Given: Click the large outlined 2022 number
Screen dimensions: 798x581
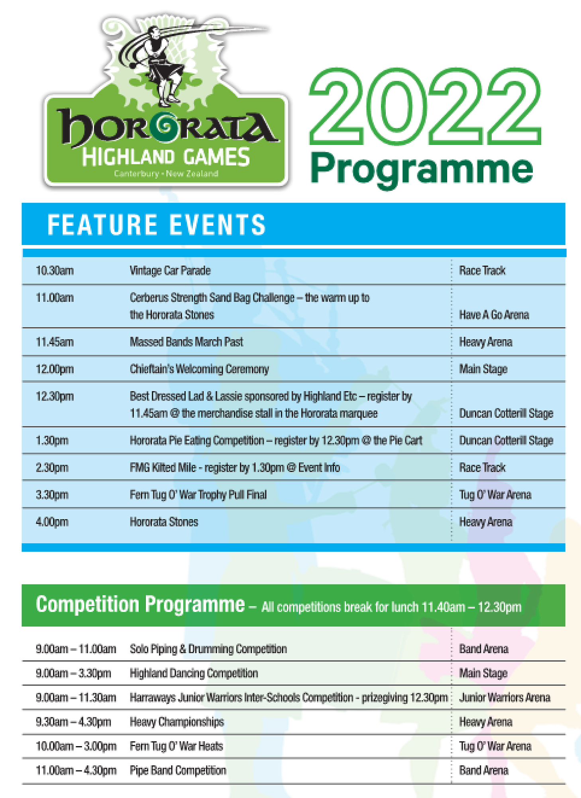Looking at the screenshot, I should pos(425,107).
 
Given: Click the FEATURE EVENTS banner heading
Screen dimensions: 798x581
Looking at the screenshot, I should pos(156,224).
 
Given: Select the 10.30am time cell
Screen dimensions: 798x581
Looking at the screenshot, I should pos(55,271).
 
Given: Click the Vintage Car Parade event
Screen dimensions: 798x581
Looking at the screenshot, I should pos(170,271).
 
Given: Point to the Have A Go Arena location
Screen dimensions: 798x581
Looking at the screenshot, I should pos(494,315).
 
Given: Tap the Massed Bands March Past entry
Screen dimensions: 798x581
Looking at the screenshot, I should pos(186,342).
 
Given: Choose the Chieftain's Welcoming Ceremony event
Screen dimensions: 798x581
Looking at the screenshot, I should pos(199,369).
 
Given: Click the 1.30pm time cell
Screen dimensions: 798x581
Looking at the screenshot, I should pos(52,440).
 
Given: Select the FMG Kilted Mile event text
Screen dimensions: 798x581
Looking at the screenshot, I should pos(235,468).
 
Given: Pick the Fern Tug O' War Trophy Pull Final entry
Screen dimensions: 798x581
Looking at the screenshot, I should pos(198,495).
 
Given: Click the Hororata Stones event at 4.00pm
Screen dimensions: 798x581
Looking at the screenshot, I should pos(164,522).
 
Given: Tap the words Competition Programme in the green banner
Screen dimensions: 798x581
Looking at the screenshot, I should pos(140,604).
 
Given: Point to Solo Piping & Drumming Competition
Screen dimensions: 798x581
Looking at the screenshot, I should pos(208,649).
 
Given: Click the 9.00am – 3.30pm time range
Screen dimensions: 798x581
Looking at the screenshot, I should pos(73,674).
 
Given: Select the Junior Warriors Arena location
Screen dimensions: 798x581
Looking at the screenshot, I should pos(504,697).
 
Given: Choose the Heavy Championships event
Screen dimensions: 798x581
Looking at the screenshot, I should pos(177,722).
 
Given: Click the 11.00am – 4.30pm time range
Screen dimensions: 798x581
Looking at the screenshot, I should pos(76,770).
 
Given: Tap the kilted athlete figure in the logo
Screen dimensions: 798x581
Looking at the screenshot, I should pos(163,72).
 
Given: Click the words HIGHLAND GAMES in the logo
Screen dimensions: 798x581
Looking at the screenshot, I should pos(166,157).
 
